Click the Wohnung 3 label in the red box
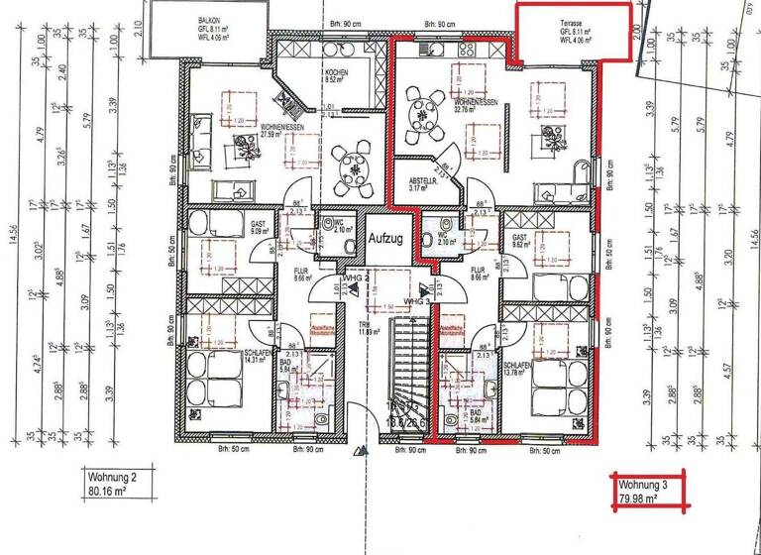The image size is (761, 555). (644, 486)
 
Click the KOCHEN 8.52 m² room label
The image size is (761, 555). (334, 80)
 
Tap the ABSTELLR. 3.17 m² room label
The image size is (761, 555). (424, 183)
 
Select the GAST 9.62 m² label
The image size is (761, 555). (519, 241)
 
